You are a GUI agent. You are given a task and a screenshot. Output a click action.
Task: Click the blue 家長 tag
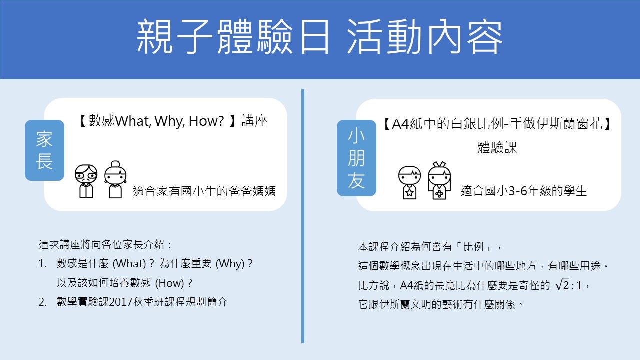coord(45,150)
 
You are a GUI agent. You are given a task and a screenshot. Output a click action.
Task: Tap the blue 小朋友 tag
coord(356,158)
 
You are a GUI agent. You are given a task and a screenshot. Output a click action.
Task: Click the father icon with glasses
coord(86,181)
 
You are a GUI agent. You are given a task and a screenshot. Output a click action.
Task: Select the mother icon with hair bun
coord(115,179)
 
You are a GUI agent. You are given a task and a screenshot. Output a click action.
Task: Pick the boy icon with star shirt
coord(409,183)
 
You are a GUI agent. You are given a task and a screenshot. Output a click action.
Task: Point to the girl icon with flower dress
coord(439,180)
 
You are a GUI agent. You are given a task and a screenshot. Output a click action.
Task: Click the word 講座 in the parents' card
coord(254,121)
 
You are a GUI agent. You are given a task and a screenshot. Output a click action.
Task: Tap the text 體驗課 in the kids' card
coord(497,147)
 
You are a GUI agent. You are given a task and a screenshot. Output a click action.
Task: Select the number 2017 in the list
coord(121,302)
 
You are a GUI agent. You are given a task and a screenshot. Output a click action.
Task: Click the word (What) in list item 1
coord(129,263)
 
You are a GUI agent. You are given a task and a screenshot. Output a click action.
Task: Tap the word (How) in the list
coord(169,283)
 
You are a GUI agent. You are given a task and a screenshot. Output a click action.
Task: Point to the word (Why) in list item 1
coord(230,263)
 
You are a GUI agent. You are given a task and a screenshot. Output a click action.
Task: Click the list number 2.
coord(42,302)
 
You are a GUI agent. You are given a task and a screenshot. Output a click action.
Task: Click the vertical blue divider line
coord(303,216)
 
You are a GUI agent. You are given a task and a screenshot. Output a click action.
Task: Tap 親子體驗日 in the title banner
coord(233,37)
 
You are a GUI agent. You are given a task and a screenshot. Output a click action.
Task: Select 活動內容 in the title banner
coord(425,37)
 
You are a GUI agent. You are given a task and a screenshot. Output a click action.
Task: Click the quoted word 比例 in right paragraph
coord(473,247)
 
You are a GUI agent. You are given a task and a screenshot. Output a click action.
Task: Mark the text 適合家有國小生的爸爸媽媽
coord(204,191)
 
